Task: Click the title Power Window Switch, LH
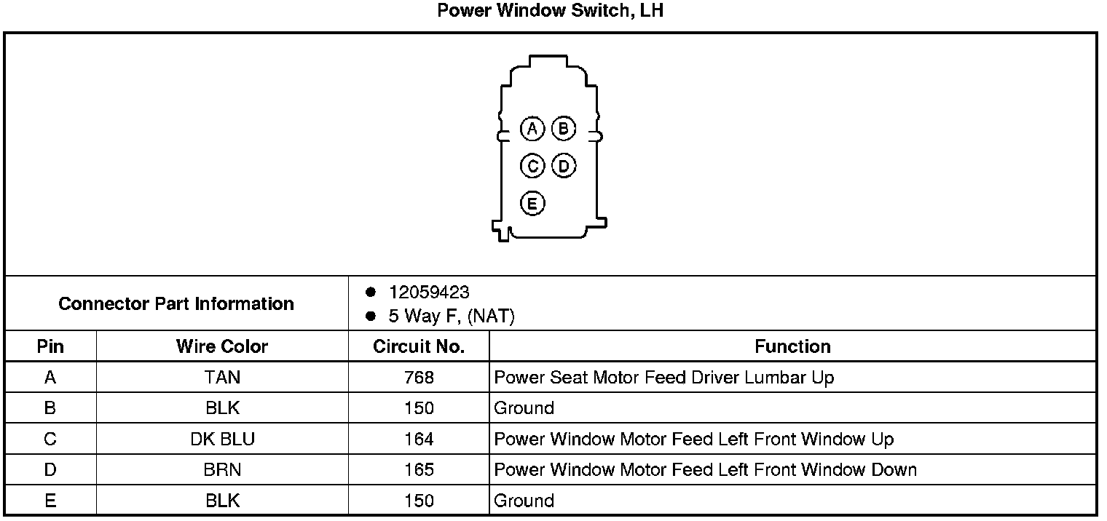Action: tap(550, 12)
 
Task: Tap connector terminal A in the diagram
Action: tap(532, 130)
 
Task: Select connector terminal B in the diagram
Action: tap(563, 130)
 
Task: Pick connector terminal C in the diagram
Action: tap(532, 167)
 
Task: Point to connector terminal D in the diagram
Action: tap(563, 167)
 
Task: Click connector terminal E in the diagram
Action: tap(532, 203)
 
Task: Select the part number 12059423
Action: tap(429, 293)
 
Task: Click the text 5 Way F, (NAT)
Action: tap(452, 317)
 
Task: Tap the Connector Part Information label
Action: tap(176, 303)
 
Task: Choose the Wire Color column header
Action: tap(222, 346)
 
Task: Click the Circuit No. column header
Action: tap(419, 346)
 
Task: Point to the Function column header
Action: tap(792, 346)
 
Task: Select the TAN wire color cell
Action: tap(222, 378)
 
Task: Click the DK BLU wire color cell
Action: tap(222, 440)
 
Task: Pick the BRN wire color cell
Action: tap(222, 470)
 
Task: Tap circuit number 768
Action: tap(419, 378)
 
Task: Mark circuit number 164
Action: tap(419, 440)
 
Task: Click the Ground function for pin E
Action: tap(524, 501)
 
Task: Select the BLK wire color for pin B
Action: tap(222, 408)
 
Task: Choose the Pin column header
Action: tap(50, 346)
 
